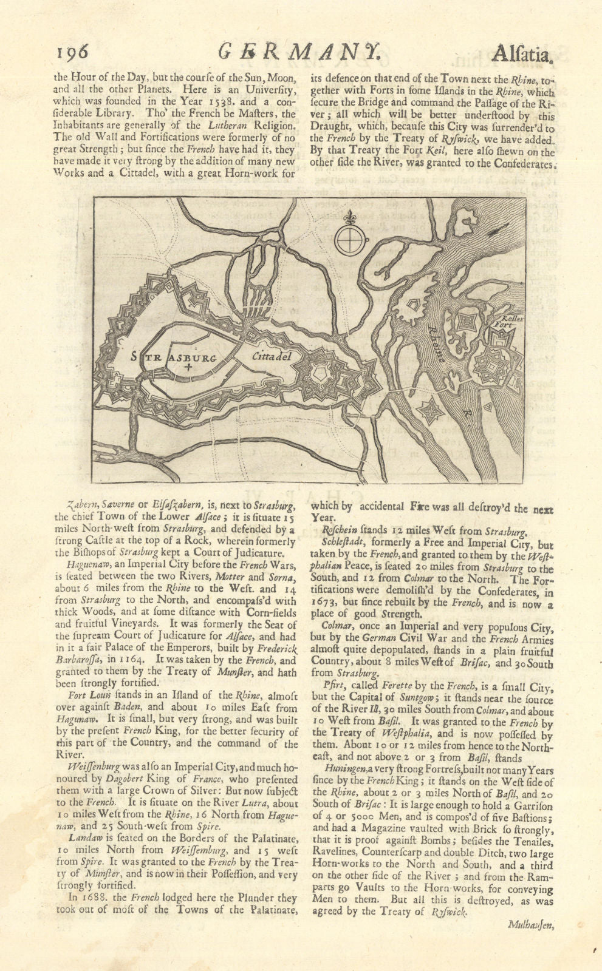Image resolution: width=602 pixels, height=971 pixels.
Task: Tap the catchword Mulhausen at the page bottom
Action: pyautogui.click(x=530, y=925)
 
